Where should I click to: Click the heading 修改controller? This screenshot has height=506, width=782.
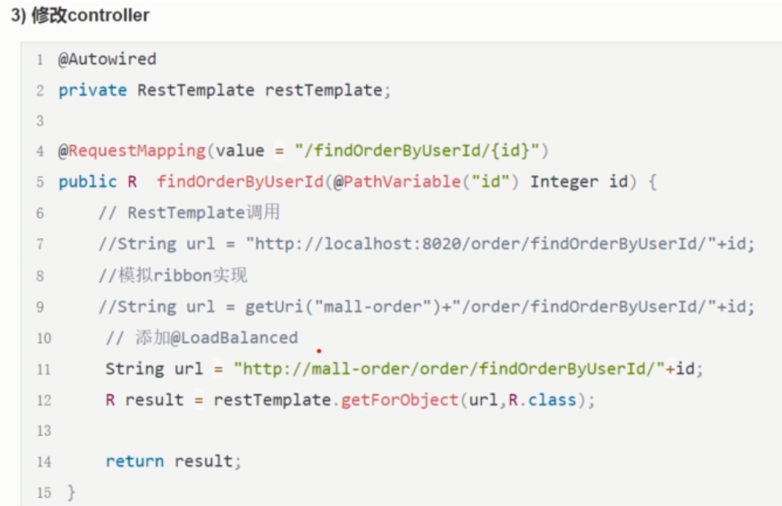(80, 16)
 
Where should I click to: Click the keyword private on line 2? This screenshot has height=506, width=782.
(92, 90)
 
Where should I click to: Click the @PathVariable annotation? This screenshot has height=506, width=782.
(388, 181)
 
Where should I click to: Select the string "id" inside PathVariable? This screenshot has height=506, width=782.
(483, 181)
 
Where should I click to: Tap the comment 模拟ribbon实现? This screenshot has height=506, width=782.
(172, 275)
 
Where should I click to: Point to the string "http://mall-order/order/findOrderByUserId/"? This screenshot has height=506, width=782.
(449, 369)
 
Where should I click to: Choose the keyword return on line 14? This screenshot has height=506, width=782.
(135, 462)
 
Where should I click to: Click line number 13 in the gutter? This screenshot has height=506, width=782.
(43, 431)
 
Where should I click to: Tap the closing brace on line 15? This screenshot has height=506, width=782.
(71, 493)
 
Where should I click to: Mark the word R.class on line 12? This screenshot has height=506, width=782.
(536, 401)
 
